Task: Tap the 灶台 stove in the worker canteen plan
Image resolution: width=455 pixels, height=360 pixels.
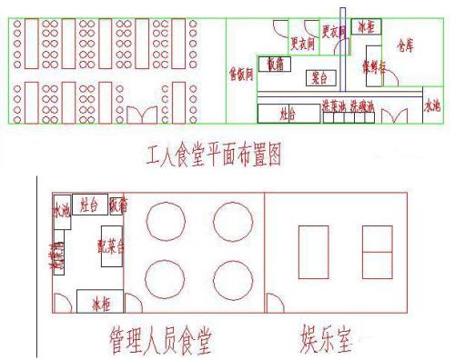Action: pos(288,113)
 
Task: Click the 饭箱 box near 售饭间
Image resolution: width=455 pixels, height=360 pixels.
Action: pos(274,64)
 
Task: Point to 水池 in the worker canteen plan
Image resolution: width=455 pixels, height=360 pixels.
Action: pos(433,105)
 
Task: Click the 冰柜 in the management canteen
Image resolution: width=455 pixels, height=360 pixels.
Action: pos(94,301)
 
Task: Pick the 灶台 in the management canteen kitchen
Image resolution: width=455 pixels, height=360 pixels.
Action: pos(89,204)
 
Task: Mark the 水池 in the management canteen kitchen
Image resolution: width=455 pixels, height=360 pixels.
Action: pos(61,210)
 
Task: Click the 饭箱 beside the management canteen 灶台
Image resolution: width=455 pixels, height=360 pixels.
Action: pos(118,204)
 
